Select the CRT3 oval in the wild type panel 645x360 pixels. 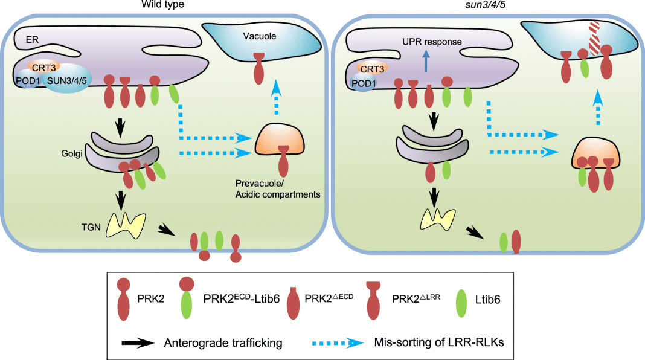42,66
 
